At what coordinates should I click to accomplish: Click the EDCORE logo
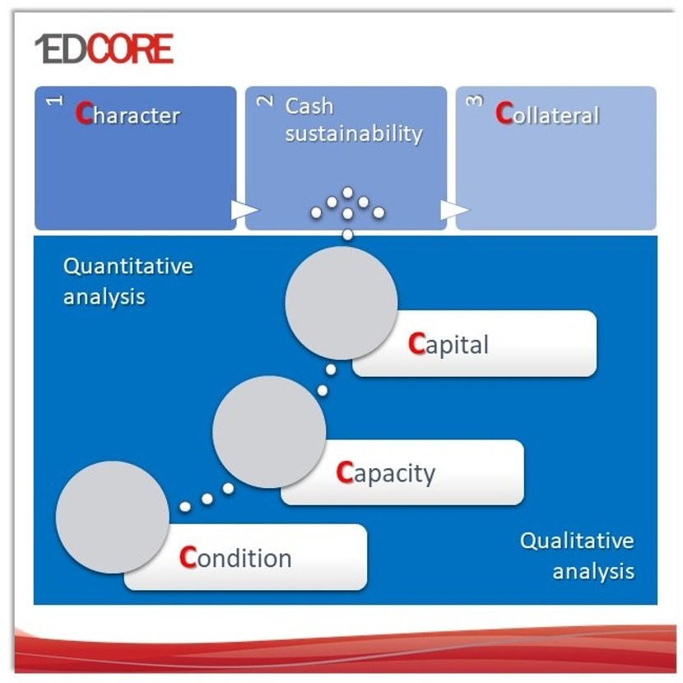click(x=105, y=49)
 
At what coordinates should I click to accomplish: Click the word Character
click(x=128, y=114)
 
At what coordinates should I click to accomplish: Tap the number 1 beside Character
click(x=55, y=100)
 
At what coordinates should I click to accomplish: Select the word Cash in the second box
click(x=309, y=106)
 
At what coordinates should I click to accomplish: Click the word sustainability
click(x=354, y=133)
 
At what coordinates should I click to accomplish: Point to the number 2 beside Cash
click(x=265, y=100)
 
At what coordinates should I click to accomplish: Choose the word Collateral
click(x=547, y=114)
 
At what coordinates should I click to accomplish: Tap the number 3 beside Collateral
click(x=475, y=100)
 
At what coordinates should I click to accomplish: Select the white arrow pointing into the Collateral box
click(x=454, y=210)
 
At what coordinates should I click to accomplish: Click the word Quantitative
click(x=128, y=267)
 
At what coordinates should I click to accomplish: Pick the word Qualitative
click(x=577, y=541)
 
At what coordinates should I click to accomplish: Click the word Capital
click(x=448, y=344)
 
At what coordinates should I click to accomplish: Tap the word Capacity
click(x=385, y=473)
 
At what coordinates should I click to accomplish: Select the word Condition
click(x=235, y=558)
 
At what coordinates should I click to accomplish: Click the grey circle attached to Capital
click(x=341, y=303)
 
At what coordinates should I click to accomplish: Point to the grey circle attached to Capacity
click(x=269, y=432)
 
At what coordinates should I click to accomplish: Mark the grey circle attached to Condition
click(x=113, y=517)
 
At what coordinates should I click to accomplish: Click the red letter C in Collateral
click(x=504, y=114)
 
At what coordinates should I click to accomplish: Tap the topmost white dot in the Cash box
click(x=347, y=193)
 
